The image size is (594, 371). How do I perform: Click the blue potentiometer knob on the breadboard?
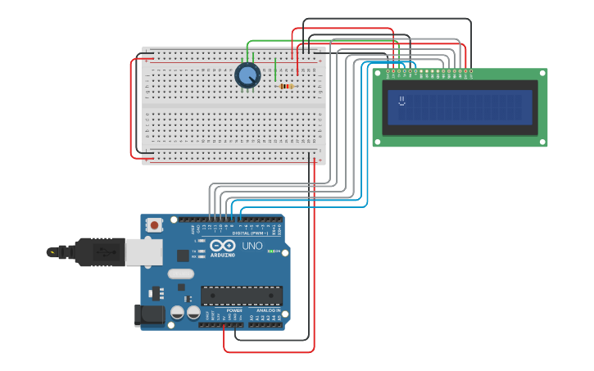[247, 75]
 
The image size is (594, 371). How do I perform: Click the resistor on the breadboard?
[287, 86]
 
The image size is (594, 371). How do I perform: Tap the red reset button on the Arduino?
[154, 224]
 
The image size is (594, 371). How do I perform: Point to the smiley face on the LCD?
[401, 102]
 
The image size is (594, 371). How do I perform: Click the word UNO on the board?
[252, 246]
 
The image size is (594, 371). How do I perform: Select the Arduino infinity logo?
[222, 246]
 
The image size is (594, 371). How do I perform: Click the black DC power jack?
[150, 314]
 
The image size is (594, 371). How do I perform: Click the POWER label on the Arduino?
[234, 310]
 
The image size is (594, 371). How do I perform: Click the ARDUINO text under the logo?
[222, 255]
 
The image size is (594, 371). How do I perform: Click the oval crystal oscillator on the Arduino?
[180, 274]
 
